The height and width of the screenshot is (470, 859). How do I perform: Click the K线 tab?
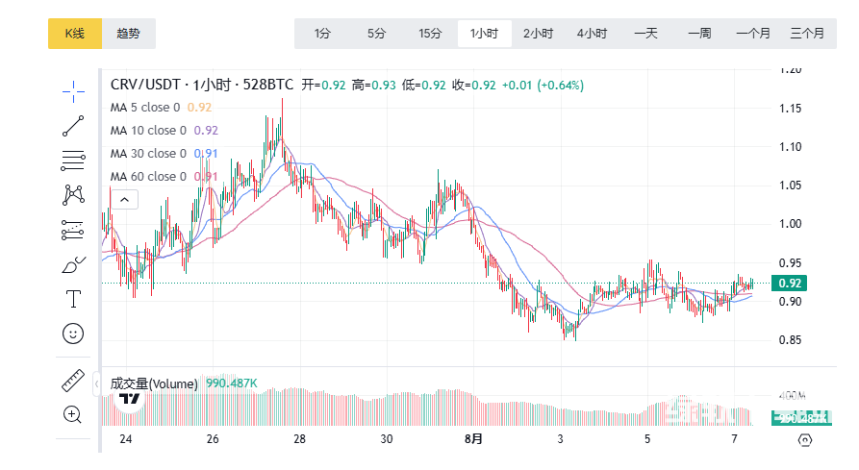(74, 34)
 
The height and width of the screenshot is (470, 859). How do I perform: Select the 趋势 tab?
(128, 34)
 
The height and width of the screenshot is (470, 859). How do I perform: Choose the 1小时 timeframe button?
(484, 34)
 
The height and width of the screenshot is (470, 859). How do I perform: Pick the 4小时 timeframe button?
(592, 34)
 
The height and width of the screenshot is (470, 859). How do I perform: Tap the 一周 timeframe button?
(699, 34)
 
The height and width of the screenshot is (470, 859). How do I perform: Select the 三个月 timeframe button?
(806, 34)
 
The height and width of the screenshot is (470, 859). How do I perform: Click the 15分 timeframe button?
(430, 34)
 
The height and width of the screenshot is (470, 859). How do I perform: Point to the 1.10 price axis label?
(791, 147)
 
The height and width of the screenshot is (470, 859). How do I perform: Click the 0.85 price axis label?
(791, 340)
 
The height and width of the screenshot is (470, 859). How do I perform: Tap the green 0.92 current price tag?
(790, 283)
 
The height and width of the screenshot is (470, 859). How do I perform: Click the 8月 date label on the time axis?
(473, 439)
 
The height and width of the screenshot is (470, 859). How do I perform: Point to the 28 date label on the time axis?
(300, 439)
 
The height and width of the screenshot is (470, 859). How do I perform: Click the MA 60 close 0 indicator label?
(149, 177)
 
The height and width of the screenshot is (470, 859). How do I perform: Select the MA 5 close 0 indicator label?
(145, 108)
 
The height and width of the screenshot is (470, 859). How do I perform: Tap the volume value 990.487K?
(232, 383)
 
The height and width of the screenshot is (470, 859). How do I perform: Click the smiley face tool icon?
(73, 334)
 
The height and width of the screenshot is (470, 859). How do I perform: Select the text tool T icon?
(73, 299)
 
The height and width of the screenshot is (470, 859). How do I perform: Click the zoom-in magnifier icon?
(73, 414)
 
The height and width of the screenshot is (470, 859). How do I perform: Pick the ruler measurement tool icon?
(73, 381)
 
